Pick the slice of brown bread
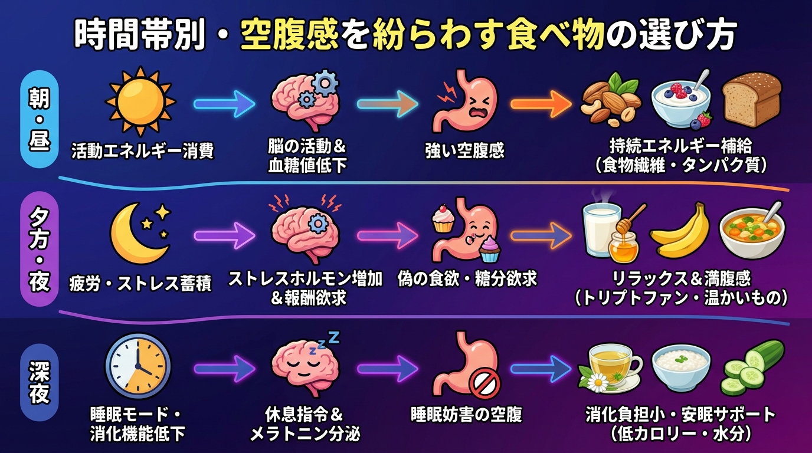(x=752, y=100)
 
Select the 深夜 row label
(x=39, y=382)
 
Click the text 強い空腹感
(x=465, y=150)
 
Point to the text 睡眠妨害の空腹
(x=466, y=414)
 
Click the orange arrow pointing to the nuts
(x=540, y=104)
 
